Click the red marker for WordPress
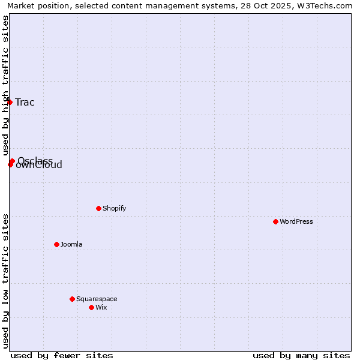275,221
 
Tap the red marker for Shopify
98,208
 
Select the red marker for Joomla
56,244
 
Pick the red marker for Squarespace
72,299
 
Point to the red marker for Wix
91,307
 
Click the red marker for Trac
10,102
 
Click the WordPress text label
296,221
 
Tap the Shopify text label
114,208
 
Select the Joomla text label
71,244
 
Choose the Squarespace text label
97,299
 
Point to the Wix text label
101,307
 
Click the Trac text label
25,102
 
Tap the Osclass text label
35,160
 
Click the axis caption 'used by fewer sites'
62,355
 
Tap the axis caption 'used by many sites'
301,355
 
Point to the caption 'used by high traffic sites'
5,85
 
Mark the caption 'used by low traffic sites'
5,281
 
